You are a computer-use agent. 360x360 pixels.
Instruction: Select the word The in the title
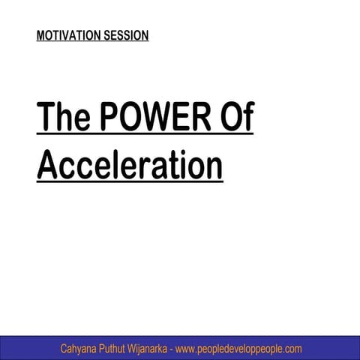(62, 121)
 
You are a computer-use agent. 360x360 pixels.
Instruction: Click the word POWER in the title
(157, 121)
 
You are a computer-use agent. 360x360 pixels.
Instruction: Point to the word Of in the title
(237, 121)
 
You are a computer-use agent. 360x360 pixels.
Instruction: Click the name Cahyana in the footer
(82, 349)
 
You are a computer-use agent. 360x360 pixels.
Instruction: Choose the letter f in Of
(247, 121)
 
